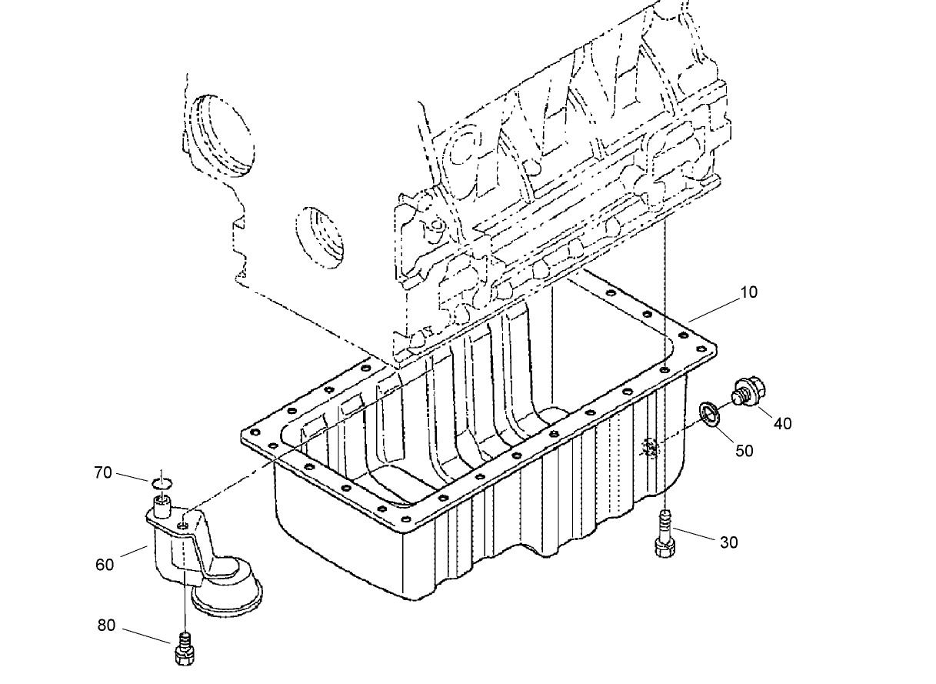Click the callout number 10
[x=748, y=292]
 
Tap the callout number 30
[x=728, y=542]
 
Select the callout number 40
[x=782, y=423]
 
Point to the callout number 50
[x=744, y=450]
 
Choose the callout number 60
[x=105, y=564]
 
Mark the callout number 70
[x=103, y=472]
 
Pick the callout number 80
[x=106, y=626]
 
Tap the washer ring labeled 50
[x=709, y=413]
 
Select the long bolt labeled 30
[x=665, y=534]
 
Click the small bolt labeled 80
[x=184, y=649]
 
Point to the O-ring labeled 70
[x=162, y=483]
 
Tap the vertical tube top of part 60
[x=162, y=505]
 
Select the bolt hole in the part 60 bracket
[x=183, y=526]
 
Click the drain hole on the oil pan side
[x=651, y=446]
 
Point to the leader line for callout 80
[x=146, y=636]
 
